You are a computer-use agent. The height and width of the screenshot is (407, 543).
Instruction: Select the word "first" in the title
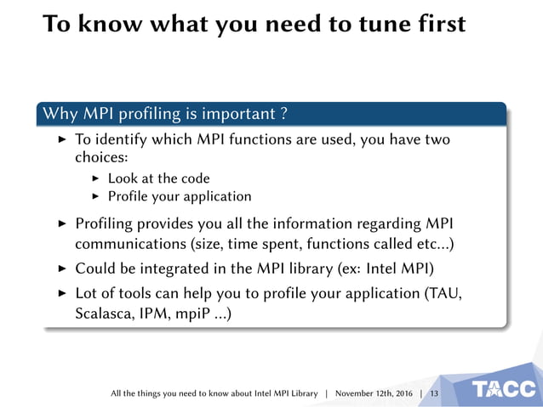[x=436, y=24]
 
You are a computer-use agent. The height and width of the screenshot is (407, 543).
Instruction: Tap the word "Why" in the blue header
[x=60, y=114]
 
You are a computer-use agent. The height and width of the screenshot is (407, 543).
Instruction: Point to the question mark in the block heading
[x=283, y=114]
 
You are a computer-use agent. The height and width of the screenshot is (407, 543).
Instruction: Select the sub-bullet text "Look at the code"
[x=159, y=178]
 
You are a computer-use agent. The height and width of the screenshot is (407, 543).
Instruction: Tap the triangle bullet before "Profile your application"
[x=95, y=197]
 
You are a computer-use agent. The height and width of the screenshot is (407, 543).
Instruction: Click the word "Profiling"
[x=107, y=223]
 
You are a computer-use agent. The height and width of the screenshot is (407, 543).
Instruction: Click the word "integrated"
[x=183, y=269]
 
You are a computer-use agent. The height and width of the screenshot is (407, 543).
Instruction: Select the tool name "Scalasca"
[x=103, y=314]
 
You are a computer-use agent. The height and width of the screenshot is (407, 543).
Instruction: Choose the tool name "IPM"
[x=159, y=314]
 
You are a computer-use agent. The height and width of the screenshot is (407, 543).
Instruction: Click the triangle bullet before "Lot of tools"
[x=61, y=292]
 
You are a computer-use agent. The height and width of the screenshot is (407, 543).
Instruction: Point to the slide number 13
[x=435, y=393]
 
